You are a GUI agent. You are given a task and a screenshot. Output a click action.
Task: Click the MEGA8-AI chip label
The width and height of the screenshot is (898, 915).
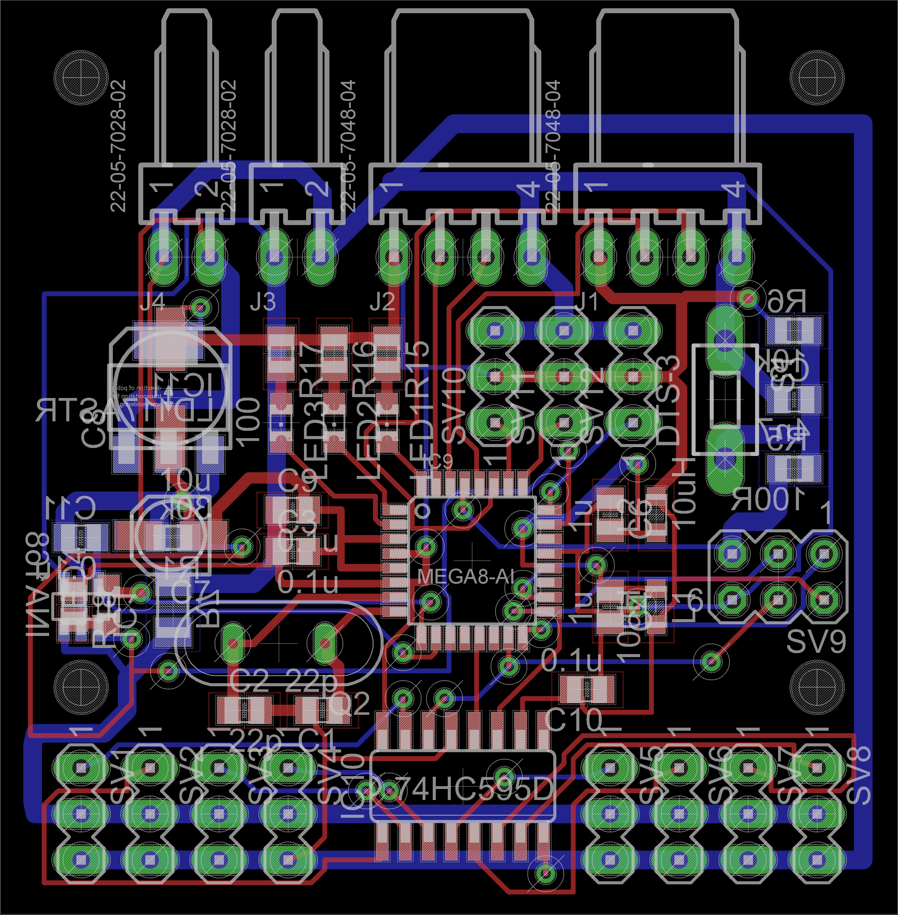click(x=466, y=576)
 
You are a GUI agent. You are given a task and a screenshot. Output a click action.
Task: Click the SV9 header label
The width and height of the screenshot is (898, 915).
click(x=816, y=641)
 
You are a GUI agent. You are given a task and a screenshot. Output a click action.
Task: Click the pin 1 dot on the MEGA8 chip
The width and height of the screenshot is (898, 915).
click(x=422, y=510)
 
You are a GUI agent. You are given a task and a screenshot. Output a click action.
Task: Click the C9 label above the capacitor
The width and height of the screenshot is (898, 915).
click(x=297, y=480)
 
